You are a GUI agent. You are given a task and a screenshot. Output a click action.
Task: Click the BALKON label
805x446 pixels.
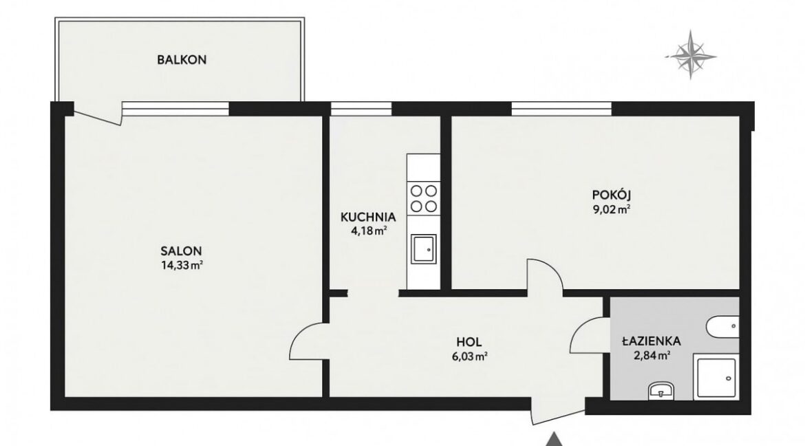(x=182, y=60)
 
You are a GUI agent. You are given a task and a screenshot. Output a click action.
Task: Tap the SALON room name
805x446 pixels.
(x=181, y=251)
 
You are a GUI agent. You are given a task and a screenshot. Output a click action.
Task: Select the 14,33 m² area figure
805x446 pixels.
(x=182, y=265)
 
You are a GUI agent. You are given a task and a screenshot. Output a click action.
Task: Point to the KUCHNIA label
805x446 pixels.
(x=368, y=217)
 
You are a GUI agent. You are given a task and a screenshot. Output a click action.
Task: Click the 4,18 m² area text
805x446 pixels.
(x=369, y=231)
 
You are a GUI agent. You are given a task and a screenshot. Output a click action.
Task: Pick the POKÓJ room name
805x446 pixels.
(x=612, y=195)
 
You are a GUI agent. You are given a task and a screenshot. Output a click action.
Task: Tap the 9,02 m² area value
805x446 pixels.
(x=612, y=209)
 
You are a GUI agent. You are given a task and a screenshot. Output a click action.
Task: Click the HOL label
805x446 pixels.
(x=469, y=341)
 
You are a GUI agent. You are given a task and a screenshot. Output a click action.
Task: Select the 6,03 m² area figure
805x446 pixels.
(x=469, y=356)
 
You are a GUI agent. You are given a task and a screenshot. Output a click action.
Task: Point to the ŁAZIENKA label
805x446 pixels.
(x=652, y=341)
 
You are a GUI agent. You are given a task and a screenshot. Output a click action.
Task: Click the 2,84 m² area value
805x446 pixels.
(x=652, y=354)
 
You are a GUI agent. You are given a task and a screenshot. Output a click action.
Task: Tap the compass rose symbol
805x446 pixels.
(x=691, y=55)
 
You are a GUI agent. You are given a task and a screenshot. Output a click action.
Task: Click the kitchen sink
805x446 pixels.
(x=424, y=249)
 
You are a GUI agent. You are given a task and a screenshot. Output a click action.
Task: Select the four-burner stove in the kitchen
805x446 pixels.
(x=424, y=199)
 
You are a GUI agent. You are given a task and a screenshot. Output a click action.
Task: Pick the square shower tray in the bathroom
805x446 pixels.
(x=716, y=376)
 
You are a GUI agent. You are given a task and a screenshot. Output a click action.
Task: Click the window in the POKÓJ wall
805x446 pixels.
(x=561, y=109)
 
